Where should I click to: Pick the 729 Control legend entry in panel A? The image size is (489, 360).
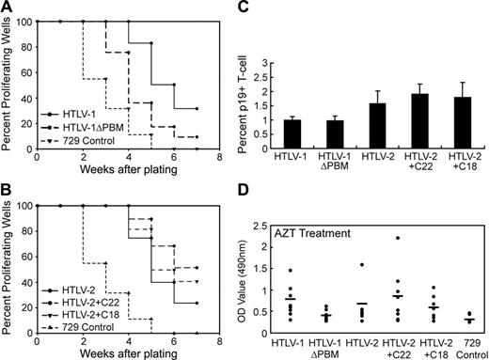(92, 140)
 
